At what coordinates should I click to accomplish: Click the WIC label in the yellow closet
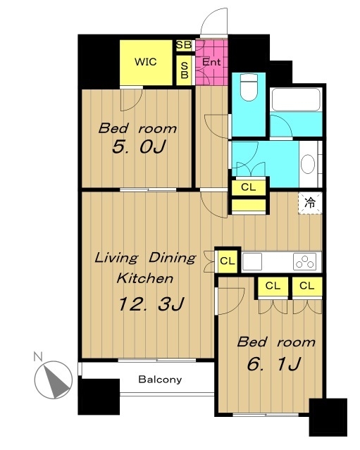pyautogui.click(x=146, y=62)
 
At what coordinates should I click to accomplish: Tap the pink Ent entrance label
pyautogui.click(x=211, y=62)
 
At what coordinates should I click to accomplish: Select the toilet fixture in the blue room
pyautogui.click(x=249, y=87)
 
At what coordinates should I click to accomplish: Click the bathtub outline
pyautogui.click(x=296, y=99)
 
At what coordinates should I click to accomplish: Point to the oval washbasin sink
pyautogui.click(x=308, y=164)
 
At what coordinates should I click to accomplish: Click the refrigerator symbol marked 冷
pyautogui.click(x=310, y=203)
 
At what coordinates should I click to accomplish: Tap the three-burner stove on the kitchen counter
pyautogui.click(x=305, y=261)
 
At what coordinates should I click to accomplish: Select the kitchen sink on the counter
pyautogui.click(x=252, y=261)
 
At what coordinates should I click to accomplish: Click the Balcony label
pyautogui.click(x=160, y=380)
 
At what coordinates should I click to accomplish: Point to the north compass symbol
pyautogui.click(x=54, y=380)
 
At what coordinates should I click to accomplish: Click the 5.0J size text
pyautogui.click(x=139, y=147)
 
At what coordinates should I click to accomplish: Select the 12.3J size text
pyautogui.click(x=151, y=304)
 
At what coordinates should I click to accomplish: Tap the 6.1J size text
pyautogui.click(x=274, y=364)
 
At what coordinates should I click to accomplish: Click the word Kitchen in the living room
pyautogui.click(x=145, y=278)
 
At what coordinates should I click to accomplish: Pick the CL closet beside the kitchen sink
pyautogui.click(x=228, y=261)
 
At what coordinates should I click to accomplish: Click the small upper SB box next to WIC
pyautogui.click(x=184, y=45)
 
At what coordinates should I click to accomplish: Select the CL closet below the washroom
pyautogui.click(x=248, y=187)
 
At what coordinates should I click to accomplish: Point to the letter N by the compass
pyautogui.click(x=38, y=357)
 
